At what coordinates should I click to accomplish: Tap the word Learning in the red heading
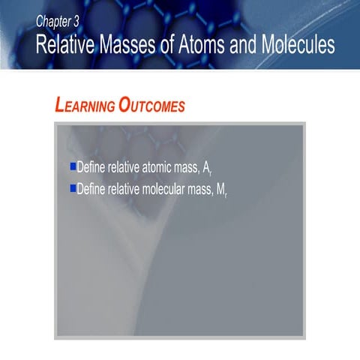(x=85, y=106)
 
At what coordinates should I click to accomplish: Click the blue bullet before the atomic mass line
(x=73, y=166)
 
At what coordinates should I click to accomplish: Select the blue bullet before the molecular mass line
(x=73, y=187)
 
